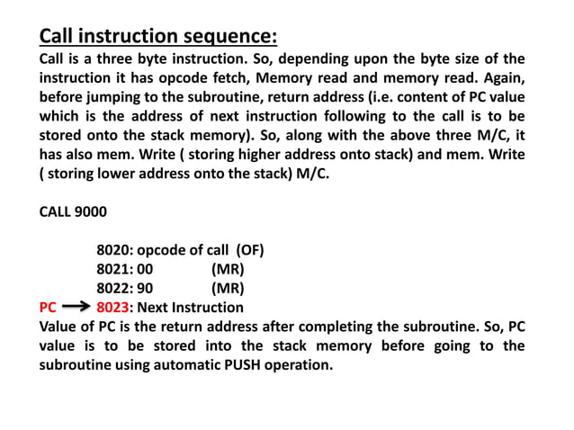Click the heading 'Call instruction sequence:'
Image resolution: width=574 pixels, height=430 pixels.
tap(158, 37)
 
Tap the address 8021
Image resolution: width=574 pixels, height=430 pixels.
tap(112, 269)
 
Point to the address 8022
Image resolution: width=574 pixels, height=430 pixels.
tap(112, 288)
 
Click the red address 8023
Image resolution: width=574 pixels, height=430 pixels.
tap(113, 308)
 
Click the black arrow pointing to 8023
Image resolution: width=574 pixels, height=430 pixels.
tap(78, 308)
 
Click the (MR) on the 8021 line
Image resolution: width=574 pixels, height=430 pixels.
tap(228, 269)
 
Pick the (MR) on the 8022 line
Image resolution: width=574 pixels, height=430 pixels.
tap(228, 288)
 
